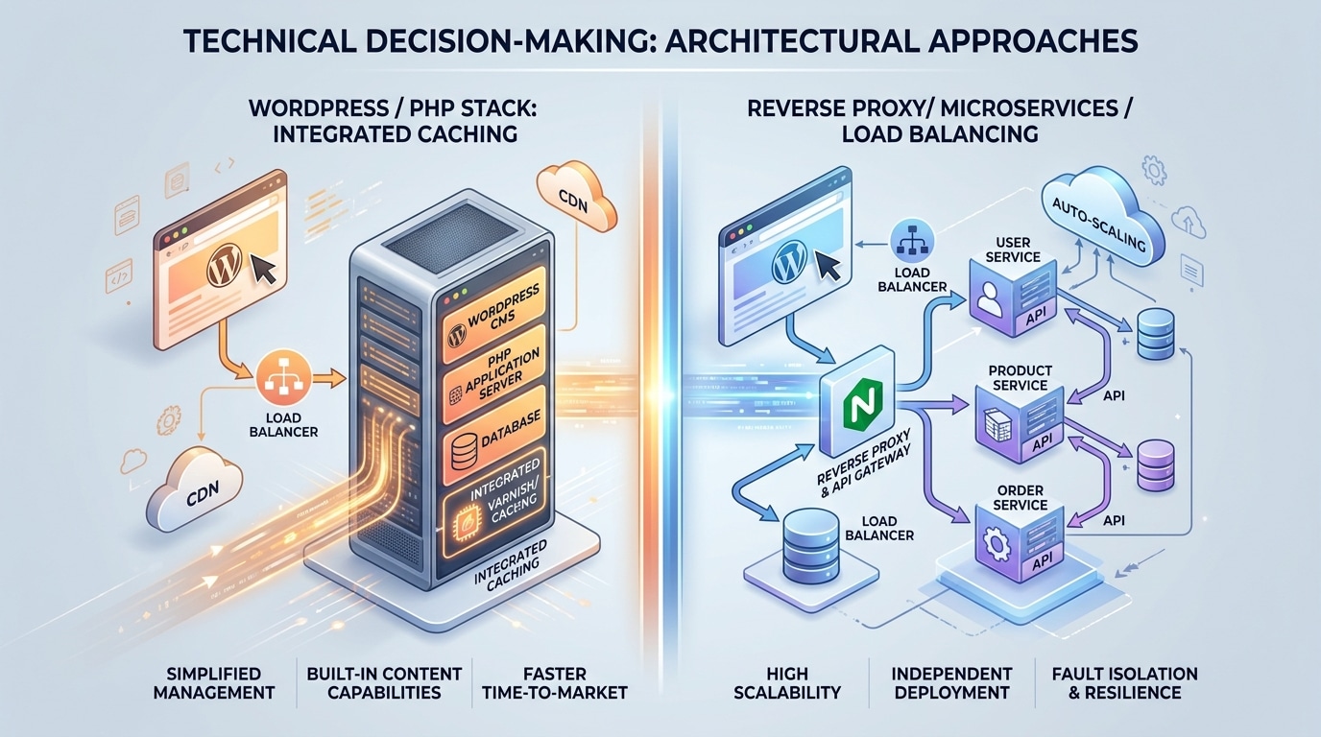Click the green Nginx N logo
857,403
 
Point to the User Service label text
1020,250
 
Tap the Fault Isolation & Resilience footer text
1117,682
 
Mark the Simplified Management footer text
213,682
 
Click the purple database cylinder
1155,465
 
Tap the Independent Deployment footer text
951,682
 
